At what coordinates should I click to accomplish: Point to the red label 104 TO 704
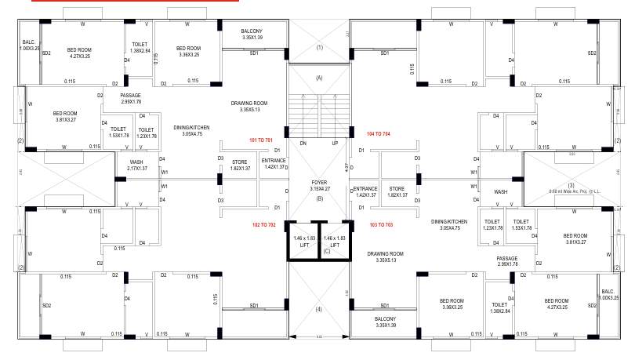pyautogui.click(x=373, y=134)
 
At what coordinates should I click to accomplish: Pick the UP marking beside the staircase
pyautogui.click(x=335, y=144)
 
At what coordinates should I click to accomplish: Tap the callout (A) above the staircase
pyautogui.click(x=319, y=78)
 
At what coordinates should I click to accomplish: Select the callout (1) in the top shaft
pyautogui.click(x=319, y=47)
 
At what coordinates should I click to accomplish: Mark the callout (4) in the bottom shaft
pyautogui.click(x=319, y=309)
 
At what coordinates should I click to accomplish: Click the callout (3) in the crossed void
pyautogui.click(x=571, y=163)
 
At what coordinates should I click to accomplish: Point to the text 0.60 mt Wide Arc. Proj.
pyautogui.click(x=575, y=170)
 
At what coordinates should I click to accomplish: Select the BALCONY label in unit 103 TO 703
pyautogui.click(x=385, y=322)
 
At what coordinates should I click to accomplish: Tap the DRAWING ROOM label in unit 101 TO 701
pyautogui.click(x=249, y=107)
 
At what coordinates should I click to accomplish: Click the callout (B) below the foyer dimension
pyautogui.click(x=319, y=198)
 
